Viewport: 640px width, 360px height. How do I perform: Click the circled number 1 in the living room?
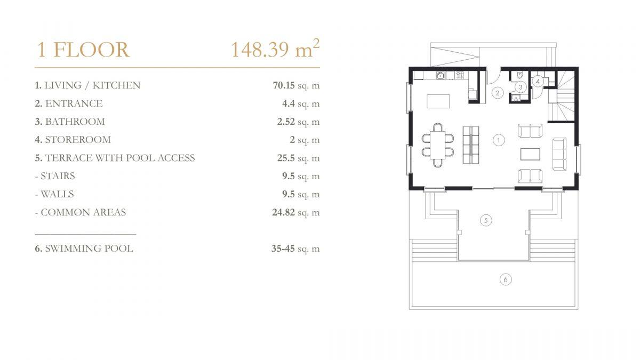point(499,140)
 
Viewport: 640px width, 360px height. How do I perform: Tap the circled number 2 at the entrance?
point(498,93)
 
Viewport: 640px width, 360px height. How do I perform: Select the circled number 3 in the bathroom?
point(521,87)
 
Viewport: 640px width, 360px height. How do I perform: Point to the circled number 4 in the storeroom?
point(538,82)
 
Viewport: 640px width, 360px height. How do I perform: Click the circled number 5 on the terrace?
point(486,220)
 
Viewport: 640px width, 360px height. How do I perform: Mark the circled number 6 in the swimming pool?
point(506,279)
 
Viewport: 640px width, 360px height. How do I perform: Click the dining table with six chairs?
point(438,145)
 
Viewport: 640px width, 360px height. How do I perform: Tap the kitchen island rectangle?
point(438,101)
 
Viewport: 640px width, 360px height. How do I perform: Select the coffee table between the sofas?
point(530,154)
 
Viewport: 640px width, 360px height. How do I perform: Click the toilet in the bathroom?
point(519,75)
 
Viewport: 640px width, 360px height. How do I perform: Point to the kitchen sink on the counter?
point(441,75)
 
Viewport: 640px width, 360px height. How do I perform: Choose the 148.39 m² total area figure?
point(275,49)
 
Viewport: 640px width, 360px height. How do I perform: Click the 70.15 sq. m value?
point(296,85)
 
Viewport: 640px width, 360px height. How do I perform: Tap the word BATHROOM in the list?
point(75,122)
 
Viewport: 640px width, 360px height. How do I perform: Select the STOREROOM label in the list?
point(78,140)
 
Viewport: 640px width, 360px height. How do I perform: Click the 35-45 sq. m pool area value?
point(295,249)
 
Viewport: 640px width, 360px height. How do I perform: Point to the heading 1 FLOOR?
point(83,50)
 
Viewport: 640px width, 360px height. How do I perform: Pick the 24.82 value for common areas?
point(283,212)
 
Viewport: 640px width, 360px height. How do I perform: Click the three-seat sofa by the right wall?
point(559,154)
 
